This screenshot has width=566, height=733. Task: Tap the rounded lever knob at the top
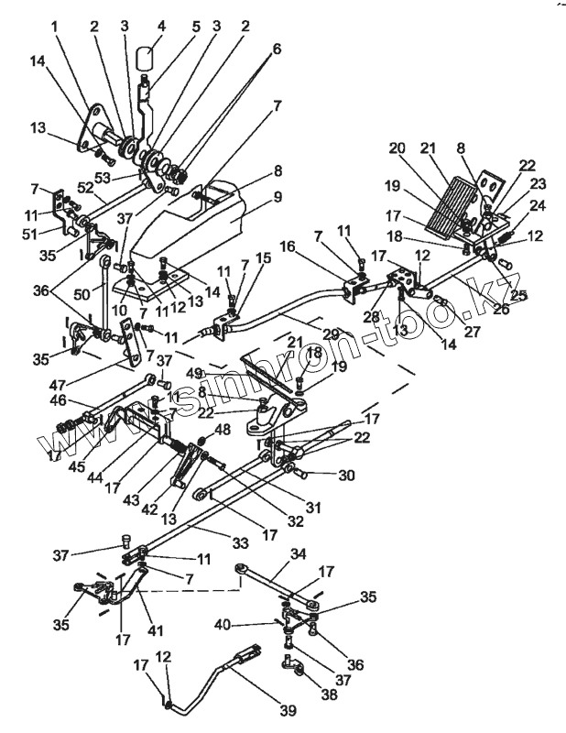tap(144, 61)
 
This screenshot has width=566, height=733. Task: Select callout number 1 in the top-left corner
tap(54, 27)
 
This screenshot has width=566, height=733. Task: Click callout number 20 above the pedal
tap(397, 148)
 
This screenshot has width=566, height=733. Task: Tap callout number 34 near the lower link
tap(299, 554)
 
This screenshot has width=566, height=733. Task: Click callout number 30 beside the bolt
tap(346, 476)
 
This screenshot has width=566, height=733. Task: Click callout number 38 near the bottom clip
tap(328, 695)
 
